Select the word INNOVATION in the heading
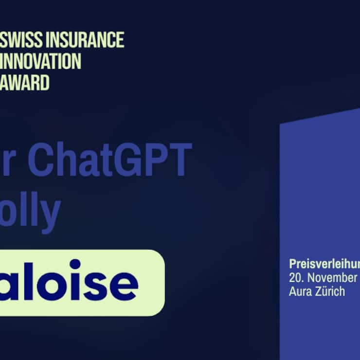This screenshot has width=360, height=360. tap(42, 61)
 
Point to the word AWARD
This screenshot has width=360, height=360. tap(26, 82)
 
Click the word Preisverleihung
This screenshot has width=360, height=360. tap(324, 264)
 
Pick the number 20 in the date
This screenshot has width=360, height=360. tap(295, 278)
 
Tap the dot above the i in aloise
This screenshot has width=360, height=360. tap(75, 264)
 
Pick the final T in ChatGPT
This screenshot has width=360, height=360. tap(180, 159)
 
